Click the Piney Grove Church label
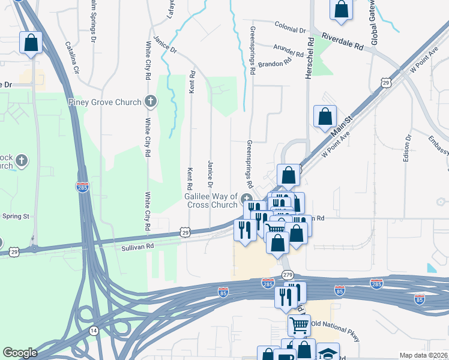[x=104, y=102]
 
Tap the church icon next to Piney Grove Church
[x=151, y=102]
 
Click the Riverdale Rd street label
[x=343, y=41]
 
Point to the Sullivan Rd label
[x=138, y=246]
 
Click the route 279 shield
[x=287, y=275]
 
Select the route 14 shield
[x=94, y=330]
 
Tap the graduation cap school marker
[x=328, y=352]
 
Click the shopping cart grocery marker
[x=299, y=325]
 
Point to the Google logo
[x=20, y=353]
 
